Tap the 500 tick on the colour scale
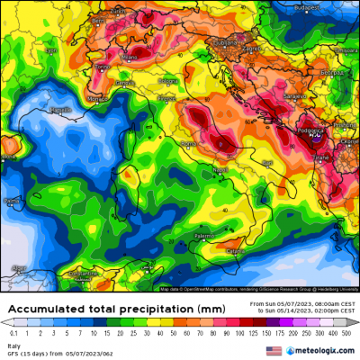pyautogui.click(x=346, y=332)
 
